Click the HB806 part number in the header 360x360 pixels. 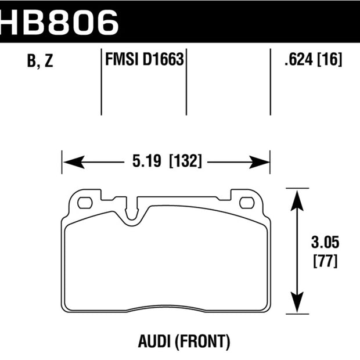click(59, 23)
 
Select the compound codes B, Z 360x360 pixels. click(40, 61)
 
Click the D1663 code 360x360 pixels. click(163, 59)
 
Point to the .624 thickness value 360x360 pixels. click(298, 59)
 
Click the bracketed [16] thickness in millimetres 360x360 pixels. click(329, 59)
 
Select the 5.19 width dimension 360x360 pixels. click(147, 161)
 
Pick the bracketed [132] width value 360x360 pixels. click(185, 161)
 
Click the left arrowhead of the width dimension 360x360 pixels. click(74, 162)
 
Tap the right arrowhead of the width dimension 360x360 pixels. click(260, 162)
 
